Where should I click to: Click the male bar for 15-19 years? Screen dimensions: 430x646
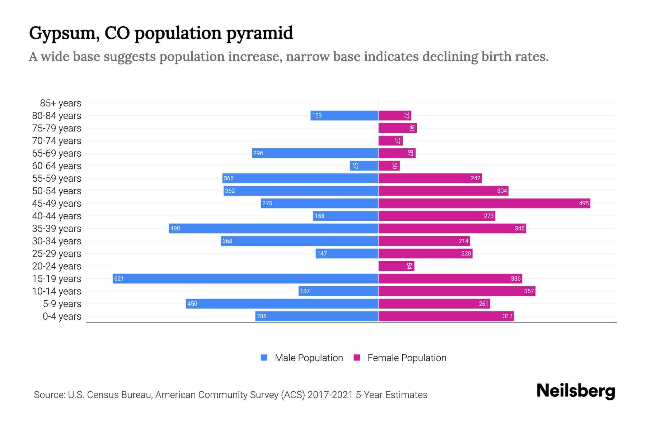point(245,278)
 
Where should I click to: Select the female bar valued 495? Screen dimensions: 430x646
point(484,203)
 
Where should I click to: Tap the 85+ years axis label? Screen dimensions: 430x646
point(60,103)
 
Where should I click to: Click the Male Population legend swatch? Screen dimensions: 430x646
point(264,358)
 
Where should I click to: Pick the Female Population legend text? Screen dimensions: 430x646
point(407,358)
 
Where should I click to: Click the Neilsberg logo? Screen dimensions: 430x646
point(576,391)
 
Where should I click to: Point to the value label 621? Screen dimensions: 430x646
point(119,278)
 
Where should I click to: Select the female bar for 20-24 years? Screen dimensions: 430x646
point(396,266)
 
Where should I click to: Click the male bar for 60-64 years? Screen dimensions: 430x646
point(364,166)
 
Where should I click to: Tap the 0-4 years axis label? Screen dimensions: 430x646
point(62,316)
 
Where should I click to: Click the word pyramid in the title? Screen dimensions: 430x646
point(259,33)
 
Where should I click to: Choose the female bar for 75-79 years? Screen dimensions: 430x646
point(397,128)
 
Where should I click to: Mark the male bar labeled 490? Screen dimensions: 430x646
point(273,228)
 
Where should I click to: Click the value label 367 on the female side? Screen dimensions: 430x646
point(529,291)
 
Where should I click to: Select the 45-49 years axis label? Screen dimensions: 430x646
point(57,204)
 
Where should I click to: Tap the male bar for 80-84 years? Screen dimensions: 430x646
point(344,115)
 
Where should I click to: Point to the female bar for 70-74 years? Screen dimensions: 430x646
point(390,140)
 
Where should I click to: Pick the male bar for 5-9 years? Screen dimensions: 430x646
point(282,304)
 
